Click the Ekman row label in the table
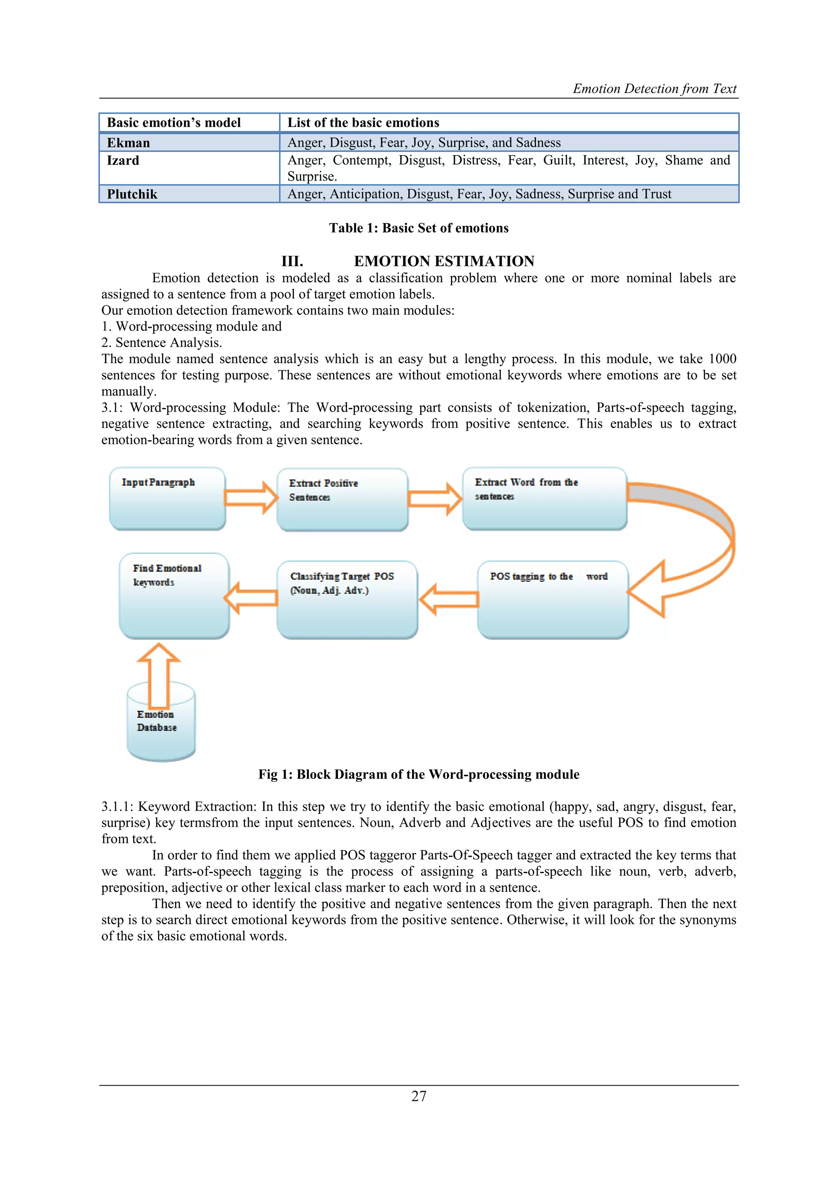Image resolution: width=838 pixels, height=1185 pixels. point(128,143)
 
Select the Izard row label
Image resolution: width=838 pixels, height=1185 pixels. point(123,160)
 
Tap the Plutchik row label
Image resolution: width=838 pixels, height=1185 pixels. point(132,194)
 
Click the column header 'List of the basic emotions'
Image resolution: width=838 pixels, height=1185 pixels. point(363,123)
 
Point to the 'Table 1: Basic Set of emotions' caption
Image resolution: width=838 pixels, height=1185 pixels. point(419,228)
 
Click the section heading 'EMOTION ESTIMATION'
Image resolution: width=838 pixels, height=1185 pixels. point(444,261)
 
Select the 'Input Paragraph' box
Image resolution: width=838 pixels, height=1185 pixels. point(167,499)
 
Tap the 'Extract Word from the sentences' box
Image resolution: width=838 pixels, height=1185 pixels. point(544,499)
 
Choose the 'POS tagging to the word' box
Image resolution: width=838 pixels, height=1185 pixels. point(553,600)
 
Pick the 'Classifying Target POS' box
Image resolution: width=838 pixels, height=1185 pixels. point(347,600)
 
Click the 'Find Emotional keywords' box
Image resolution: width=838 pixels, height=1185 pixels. point(174,596)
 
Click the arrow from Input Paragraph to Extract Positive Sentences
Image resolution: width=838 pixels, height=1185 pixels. point(251,497)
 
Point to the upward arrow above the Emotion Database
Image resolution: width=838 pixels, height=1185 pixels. point(159,675)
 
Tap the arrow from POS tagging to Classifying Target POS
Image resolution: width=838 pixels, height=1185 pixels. point(449,599)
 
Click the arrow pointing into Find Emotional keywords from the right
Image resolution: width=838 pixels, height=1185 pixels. point(251,598)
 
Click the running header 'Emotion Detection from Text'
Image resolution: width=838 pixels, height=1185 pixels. point(654,89)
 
